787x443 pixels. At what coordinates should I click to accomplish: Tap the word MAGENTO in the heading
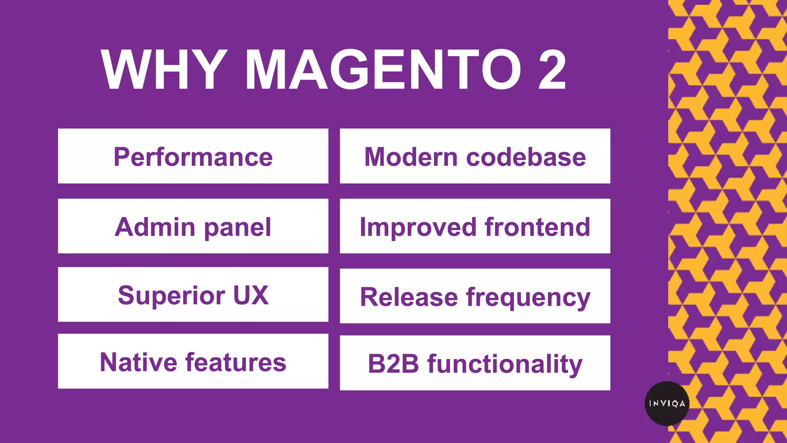click(x=383, y=70)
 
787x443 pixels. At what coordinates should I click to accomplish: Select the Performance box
click(x=193, y=156)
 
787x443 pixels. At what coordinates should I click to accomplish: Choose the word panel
click(x=237, y=228)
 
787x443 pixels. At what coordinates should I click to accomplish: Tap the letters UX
click(x=251, y=295)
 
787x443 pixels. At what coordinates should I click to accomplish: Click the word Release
click(x=409, y=297)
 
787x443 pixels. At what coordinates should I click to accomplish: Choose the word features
click(x=236, y=362)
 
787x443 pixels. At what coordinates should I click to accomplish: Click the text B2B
click(x=393, y=364)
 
